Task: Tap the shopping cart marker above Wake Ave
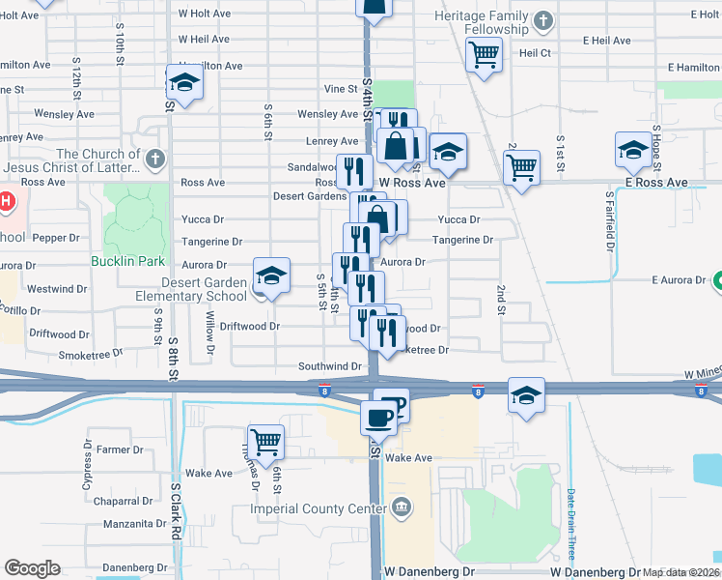click(265, 441)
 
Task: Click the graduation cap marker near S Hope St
click(633, 151)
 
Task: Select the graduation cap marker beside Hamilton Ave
click(184, 82)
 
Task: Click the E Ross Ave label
click(655, 182)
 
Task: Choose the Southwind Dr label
click(329, 366)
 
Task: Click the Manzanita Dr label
click(134, 523)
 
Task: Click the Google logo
click(32, 568)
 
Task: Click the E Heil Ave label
click(606, 41)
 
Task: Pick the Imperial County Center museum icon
click(401, 507)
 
